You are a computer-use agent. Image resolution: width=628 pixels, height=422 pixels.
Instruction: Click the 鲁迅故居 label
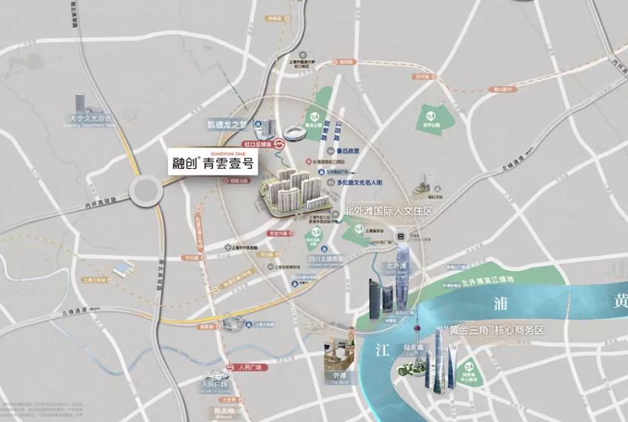[347, 150]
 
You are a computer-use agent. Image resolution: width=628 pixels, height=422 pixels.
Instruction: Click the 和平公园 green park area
[432, 116]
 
